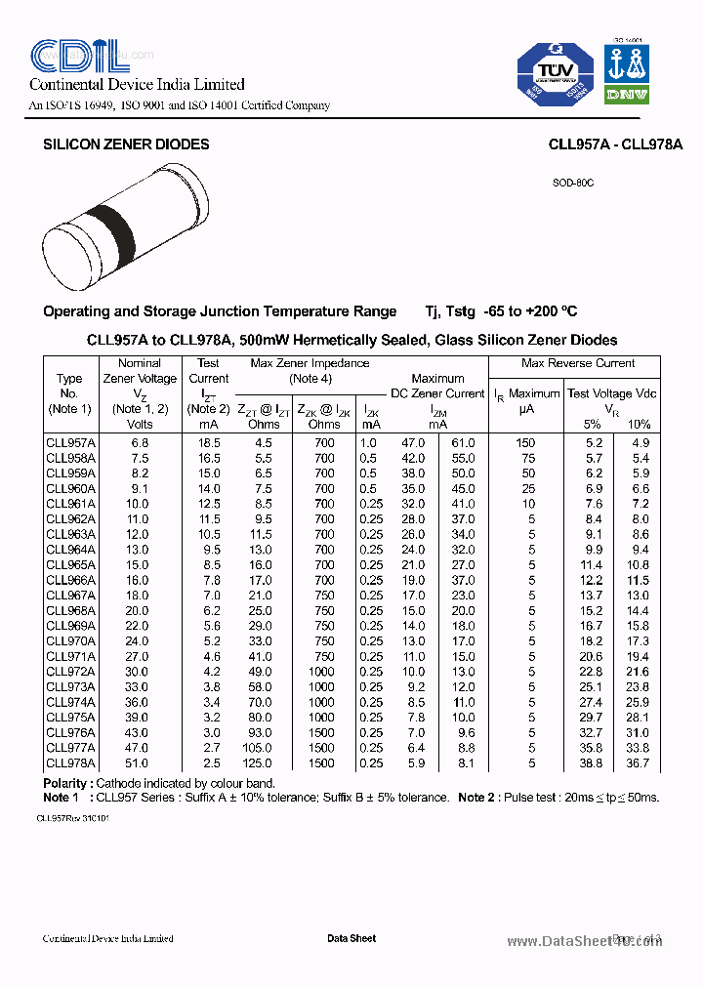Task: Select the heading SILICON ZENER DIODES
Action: [126, 144]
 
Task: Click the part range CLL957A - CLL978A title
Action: [615, 144]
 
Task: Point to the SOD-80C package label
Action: [573, 183]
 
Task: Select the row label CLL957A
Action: [70, 442]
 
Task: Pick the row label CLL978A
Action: [70, 762]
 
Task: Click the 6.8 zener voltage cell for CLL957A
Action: [140, 442]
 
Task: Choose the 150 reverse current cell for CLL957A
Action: [525, 442]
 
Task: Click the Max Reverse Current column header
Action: [578, 363]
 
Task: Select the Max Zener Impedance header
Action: [310, 363]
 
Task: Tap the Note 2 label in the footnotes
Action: [476, 798]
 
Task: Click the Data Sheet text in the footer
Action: [351, 938]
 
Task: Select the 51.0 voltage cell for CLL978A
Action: [140, 762]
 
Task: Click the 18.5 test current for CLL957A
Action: [209, 442]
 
